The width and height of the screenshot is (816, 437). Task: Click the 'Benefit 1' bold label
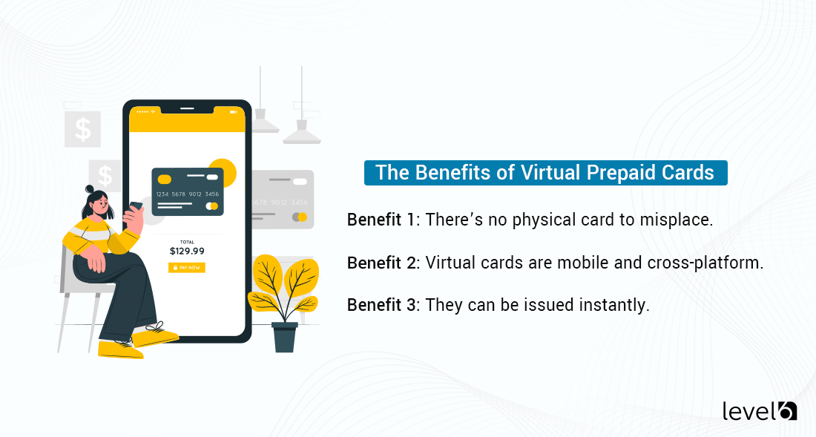pyautogui.click(x=381, y=220)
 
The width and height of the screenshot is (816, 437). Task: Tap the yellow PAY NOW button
pyautogui.click(x=187, y=267)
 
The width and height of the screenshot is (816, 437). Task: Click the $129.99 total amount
pyautogui.click(x=187, y=252)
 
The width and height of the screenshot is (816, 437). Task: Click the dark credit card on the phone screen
pyautogui.click(x=187, y=191)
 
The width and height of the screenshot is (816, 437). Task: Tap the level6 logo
pyautogui.click(x=759, y=410)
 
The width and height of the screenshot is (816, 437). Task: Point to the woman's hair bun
pyautogui.click(x=90, y=189)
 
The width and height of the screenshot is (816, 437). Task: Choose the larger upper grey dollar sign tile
pyautogui.click(x=82, y=129)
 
